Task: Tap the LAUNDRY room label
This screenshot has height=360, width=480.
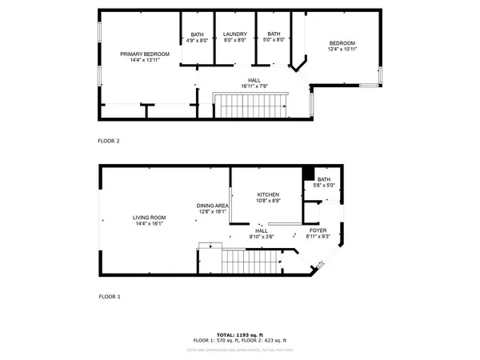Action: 234,34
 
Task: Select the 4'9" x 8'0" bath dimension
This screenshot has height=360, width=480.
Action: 197,40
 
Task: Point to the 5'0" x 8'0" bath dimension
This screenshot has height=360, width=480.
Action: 274,40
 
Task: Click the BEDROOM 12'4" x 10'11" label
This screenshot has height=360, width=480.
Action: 342,43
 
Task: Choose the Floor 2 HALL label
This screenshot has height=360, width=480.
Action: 254,80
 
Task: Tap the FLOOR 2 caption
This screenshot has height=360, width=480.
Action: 109,141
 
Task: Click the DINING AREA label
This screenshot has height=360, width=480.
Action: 213,206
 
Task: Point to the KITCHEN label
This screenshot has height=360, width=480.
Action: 267,195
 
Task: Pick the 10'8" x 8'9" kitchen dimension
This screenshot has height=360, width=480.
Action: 267,202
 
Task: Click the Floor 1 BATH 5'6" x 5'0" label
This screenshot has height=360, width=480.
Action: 323,179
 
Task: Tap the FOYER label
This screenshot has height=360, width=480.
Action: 318,230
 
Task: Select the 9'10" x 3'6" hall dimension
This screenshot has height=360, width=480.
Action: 261,237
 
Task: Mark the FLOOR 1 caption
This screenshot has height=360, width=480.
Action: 109,297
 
